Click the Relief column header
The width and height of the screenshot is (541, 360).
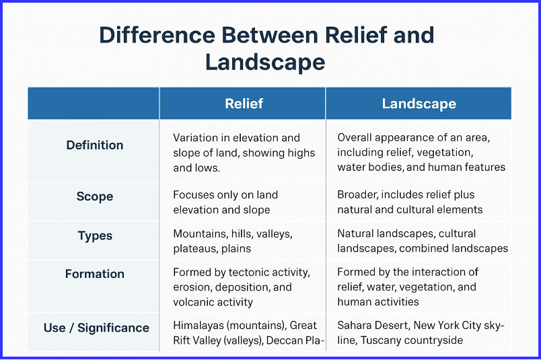tap(244, 104)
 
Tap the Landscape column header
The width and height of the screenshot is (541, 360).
tap(419, 104)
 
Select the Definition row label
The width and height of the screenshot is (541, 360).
tap(95, 145)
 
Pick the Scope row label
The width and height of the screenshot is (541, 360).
tap(95, 196)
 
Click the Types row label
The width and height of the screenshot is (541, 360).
tap(95, 236)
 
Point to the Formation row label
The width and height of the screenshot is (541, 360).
tap(95, 274)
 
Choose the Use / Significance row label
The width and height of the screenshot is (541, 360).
tap(96, 328)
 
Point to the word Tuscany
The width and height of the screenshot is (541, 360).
tap(382, 340)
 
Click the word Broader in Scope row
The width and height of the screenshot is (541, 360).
tap(357, 195)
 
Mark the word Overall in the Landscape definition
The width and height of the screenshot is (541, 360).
tap(355, 138)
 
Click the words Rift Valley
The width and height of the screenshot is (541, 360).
tap(202, 340)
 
